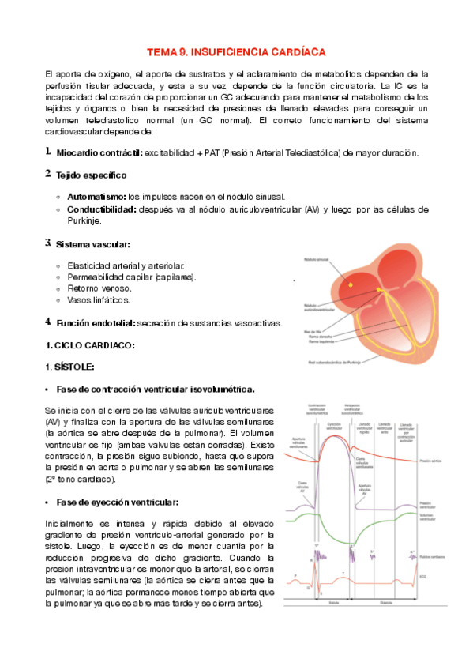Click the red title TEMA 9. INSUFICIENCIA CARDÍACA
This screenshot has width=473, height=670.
click(236, 51)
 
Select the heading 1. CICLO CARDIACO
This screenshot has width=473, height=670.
click(90, 345)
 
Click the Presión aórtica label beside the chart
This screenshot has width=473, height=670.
click(431, 459)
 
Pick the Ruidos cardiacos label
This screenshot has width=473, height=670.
click(432, 557)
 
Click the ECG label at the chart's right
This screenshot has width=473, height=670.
click(424, 575)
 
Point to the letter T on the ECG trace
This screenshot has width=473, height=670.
click(343, 573)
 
